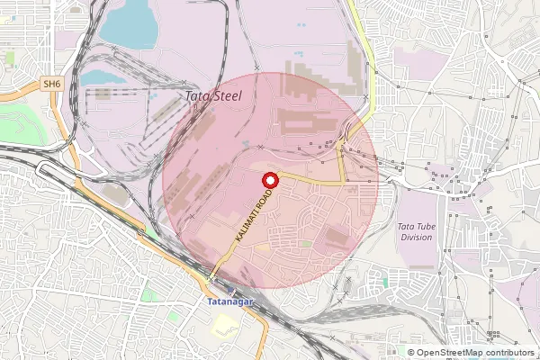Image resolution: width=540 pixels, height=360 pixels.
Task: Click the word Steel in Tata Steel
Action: coord(227,94)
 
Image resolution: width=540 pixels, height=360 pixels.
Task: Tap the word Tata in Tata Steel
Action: coord(194,94)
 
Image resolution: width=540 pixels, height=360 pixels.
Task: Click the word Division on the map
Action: coord(416,238)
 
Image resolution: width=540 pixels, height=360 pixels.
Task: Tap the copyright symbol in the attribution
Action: coord(410,353)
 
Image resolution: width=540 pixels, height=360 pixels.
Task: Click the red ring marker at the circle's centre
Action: coord(268,181)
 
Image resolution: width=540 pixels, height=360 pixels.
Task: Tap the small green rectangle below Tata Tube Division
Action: coord(385,282)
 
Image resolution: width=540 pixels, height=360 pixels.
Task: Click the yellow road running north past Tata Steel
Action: coord(365,54)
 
